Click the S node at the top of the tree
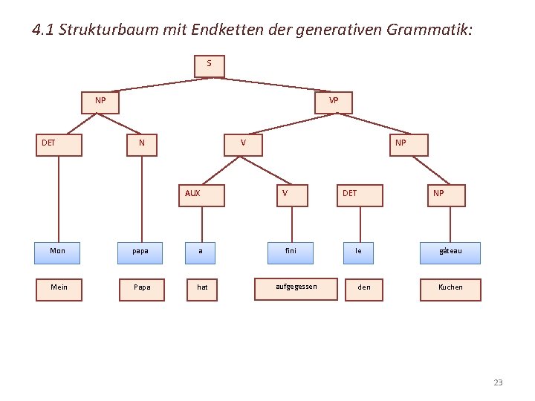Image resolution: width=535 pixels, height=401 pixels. (209, 65)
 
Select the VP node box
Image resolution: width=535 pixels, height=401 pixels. (334, 102)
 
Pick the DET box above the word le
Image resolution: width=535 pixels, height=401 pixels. (360, 195)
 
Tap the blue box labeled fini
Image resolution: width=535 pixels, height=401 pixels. (290, 252)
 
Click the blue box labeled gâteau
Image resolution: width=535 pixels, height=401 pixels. (450, 252)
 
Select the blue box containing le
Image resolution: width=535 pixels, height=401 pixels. (360, 252)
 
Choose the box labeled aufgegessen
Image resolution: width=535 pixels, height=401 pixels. (295, 288)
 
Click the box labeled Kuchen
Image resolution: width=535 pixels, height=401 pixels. (450, 289)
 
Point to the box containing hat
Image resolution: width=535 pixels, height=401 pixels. (203, 289)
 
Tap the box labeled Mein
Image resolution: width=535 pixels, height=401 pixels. (59, 289)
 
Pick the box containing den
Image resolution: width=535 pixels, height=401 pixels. (364, 289)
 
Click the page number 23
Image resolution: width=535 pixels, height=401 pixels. (498, 382)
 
